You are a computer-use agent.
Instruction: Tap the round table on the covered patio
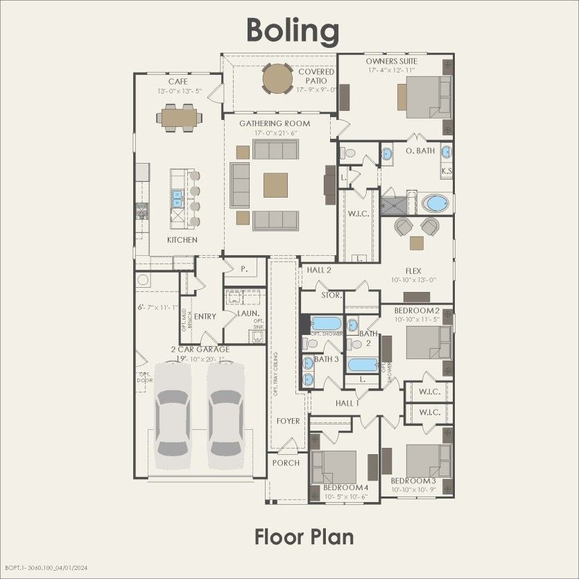click(x=277, y=78)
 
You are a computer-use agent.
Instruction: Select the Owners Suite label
click(x=392, y=61)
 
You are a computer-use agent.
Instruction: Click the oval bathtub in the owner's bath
click(x=435, y=204)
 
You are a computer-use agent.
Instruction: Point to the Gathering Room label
click(x=275, y=123)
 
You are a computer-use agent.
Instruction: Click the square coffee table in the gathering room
click(x=275, y=185)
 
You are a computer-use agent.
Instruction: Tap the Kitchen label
click(x=182, y=240)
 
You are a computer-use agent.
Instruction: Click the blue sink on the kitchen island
click(x=177, y=199)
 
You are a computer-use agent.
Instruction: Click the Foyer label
click(x=288, y=421)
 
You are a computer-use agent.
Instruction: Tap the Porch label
click(x=286, y=463)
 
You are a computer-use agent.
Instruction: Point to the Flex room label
click(x=415, y=271)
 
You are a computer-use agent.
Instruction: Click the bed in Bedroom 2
click(x=424, y=341)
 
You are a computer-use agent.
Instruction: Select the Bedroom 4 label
click(x=345, y=488)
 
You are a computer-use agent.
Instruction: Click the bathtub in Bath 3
click(x=325, y=324)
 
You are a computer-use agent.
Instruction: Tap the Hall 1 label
click(x=347, y=403)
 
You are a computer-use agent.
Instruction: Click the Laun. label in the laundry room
click(x=248, y=314)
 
